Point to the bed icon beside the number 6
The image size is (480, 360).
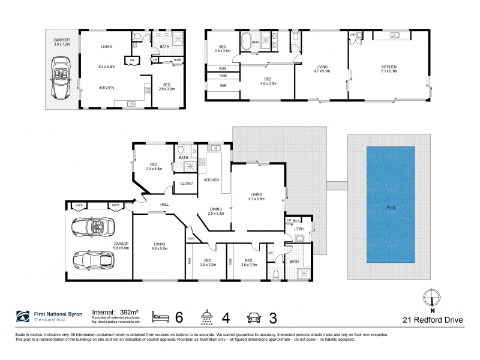[x=160, y=316]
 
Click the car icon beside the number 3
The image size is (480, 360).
[x=253, y=316]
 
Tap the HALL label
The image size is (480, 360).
[x=163, y=205]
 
